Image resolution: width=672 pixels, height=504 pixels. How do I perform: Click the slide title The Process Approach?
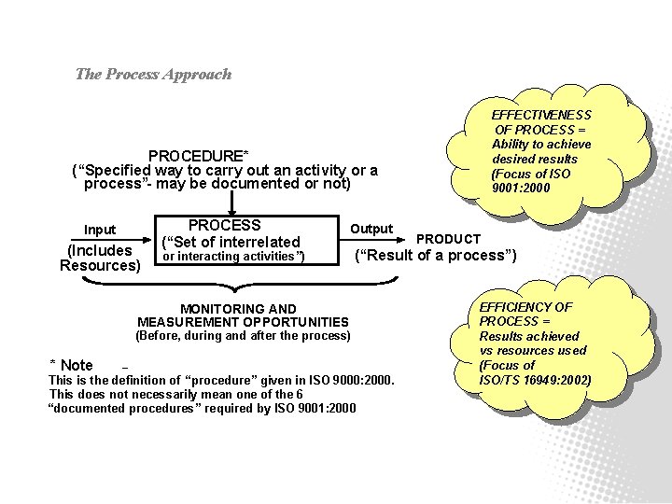click(153, 75)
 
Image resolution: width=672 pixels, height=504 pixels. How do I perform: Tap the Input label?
click(100, 230)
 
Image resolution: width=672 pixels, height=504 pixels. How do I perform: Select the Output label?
click(371, 229)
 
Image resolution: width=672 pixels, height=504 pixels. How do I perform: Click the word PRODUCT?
click(448, 240)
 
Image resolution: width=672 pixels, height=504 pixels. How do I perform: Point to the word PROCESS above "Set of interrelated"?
click(224, 225)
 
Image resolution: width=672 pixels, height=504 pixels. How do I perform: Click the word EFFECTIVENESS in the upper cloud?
click(541, 115)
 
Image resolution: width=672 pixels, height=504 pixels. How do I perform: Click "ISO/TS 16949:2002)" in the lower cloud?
click(535, 380)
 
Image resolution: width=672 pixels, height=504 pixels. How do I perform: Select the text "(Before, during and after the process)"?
click(243, 335)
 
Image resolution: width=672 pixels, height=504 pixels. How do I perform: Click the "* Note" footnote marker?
click(71, 365)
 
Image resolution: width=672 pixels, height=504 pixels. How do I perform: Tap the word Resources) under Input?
click(100, 265)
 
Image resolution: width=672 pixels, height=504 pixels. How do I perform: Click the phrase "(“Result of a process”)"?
click(435, 256)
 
